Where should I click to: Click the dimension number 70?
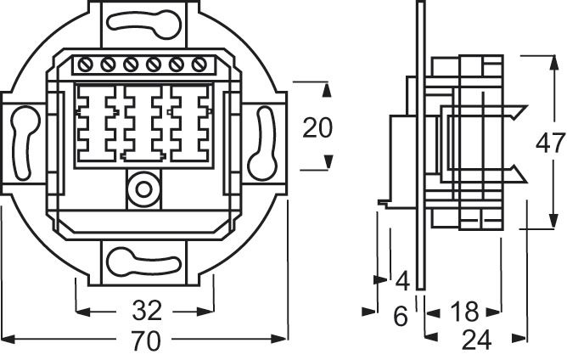click(x=146, y=342)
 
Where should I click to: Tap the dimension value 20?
click(x=317, y=128)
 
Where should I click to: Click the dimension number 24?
click(x=476, y=341)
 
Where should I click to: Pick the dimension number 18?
click(x=463, y=312)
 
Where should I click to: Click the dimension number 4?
click(x=402, y=281)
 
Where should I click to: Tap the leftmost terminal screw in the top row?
click(x=85, y=65)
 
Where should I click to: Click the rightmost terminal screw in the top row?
click(x=199, y=65)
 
